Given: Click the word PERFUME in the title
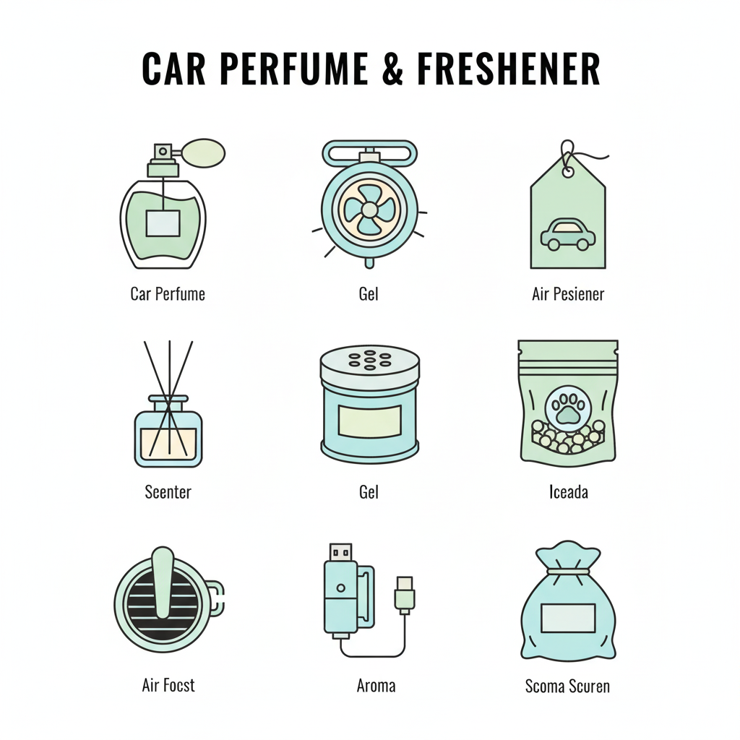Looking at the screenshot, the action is tap(293, 69).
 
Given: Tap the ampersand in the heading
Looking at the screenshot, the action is tap(392, 69).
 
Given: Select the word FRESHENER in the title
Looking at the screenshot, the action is tap(508, 69).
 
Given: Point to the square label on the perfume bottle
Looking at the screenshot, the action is tap(163, 223).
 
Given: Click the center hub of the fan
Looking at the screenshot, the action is tap(369, 210).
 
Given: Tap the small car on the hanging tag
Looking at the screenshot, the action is tap(568, 233).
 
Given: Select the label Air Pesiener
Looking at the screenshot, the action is tap(568, 294).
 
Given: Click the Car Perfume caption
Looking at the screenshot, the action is tap(168, 294).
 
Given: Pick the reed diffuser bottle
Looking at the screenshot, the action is tap(168, 431).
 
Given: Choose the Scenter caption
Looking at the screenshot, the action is tap(168, 492).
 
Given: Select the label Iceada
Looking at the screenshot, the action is tap(568, 492).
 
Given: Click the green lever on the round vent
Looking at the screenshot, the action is tap(163, 582).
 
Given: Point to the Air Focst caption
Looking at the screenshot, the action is tap(168, 685).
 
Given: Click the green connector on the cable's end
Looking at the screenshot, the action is tap(405, 595).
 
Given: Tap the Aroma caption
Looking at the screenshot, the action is tap(376, 685).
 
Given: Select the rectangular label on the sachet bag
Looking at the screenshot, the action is tap(568, 618).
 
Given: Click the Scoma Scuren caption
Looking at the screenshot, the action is tap(567, 686).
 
